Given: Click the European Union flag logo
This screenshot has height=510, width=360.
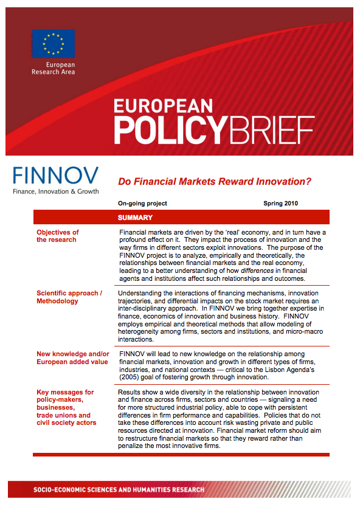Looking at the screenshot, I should pos(54,43).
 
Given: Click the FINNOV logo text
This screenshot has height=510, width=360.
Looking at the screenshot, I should pos(55,176).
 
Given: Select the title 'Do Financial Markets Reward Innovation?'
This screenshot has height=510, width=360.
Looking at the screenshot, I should pos(215,181).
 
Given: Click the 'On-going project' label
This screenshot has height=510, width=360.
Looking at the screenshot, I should pos(143,204).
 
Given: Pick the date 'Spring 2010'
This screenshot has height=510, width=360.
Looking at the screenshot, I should pos(281,204).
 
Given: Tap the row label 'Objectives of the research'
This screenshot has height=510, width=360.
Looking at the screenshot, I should pos(57,236).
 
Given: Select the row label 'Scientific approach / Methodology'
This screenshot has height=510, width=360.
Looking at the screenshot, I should pos(69,297).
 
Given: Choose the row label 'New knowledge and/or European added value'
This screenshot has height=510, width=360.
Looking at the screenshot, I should pos(72,357).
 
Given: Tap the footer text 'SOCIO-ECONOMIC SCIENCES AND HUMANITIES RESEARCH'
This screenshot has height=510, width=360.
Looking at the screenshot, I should pos(119,490).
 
